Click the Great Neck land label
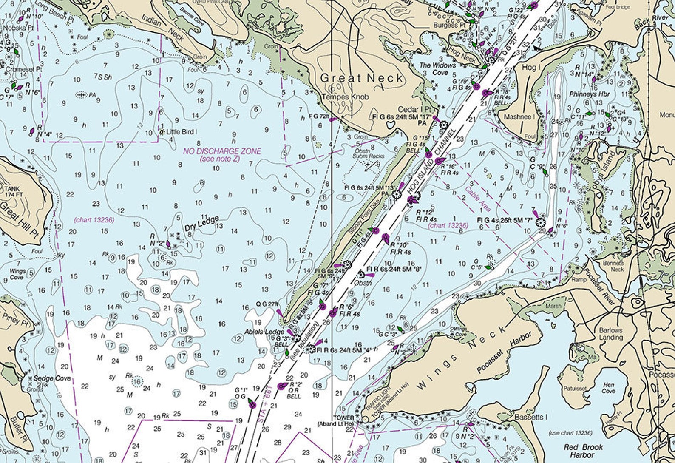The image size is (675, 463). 361,78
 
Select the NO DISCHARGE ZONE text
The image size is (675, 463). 222,151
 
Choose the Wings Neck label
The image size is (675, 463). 461,358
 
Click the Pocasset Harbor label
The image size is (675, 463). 504,353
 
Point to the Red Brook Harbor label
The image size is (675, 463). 584,451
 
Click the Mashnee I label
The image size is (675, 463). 519,116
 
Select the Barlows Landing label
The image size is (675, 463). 611,334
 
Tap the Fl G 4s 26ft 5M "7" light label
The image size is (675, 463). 505,220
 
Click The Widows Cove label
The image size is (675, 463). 437,69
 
